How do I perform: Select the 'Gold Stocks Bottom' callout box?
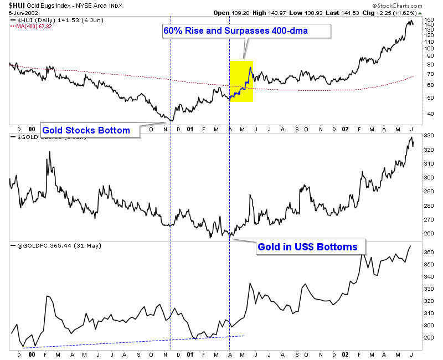(86, 131)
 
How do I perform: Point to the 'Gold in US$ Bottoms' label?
(307, 247)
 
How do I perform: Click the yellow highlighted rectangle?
(241, 81)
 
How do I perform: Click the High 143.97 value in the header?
(270, 12)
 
